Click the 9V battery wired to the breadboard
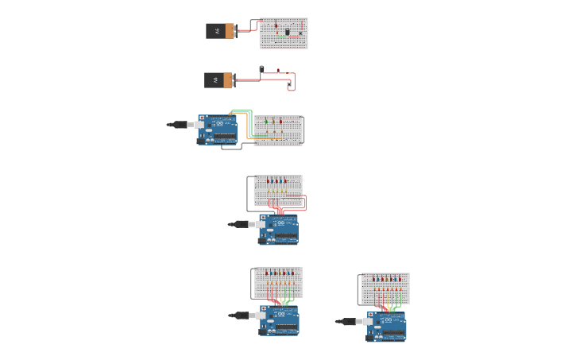click(220, 31)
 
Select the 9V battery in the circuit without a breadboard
click(218, 80)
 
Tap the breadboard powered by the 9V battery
click(284, 34)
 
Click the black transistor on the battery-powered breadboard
click(288, 31)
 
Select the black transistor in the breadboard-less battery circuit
click(261, 68)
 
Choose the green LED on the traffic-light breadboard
click(266, 122)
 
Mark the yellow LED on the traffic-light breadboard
click(273, 122)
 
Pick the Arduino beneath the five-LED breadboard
click(279, 229)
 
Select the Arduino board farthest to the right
click(386, 326)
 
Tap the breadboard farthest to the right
click(385, 288)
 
